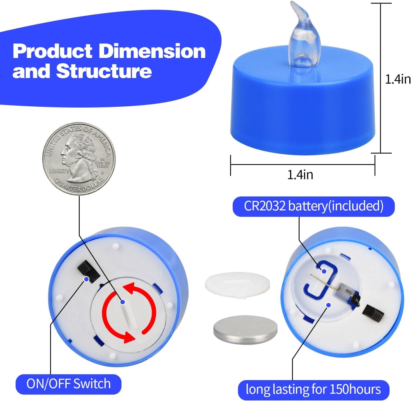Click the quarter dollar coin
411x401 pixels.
pyautogui.click(x=79, y=159)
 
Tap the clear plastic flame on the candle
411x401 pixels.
pyautogui.click(x=304, y=40)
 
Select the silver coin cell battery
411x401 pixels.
pyautogui.click(x=245, y=330)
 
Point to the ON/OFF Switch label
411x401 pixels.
pyautogui.click(x=69, y=383)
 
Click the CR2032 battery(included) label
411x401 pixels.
pyautogui.click(x=313, y=206)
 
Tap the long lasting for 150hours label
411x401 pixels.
pyautogui.click(x=313, y=389)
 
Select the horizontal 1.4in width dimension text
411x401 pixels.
pyautogui.click(x=300, y=175)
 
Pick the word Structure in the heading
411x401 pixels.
pyautogui.click(x=104, y=71)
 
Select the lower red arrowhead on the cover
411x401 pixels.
pyautogui.click(x=128, y=337)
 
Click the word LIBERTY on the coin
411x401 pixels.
pyautogui.click(x=59, y=171)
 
